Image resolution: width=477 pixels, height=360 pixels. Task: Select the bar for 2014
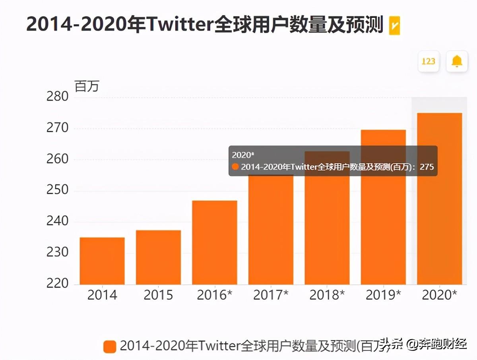pyautogui.click(x=102, y=261)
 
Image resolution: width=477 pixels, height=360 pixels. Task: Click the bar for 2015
pyautogui.click(x=158, y=257)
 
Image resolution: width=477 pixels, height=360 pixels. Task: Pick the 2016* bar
pyautogui.click(x=215, y=242)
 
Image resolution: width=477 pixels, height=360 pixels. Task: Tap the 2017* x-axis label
pyautogui.click(x=271, y=295)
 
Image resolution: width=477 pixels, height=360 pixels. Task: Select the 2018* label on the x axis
pyautogui.click(x=327, y=295)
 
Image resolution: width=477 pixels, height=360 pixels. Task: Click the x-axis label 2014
pyautogui.click(x=102, y=295)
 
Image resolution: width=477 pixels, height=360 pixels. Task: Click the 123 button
pyautogui.click(x=428, y=61)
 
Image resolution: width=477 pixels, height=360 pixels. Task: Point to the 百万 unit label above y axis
pyautogui.click(x=86, y=86)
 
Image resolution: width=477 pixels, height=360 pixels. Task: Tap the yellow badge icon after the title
pyautogui.click(x=394, y=25)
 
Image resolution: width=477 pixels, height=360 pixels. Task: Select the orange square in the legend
pyautogui.click(x=110, y=346)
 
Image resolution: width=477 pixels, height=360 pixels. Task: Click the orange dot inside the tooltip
pyautogui.click(x=235, y=167)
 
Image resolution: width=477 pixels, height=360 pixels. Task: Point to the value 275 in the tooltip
pyautogui.click(x=427, y=167)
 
